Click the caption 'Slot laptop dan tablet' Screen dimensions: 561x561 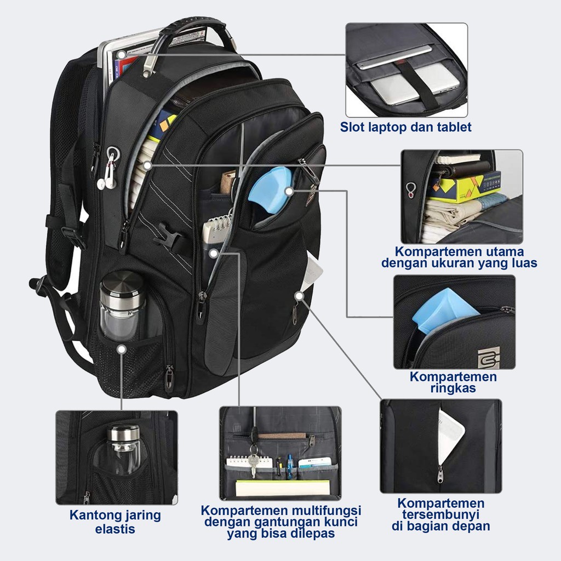[x=405, y=128]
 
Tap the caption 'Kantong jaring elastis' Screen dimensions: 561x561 [x=115, y=522]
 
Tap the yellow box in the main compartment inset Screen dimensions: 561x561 [x=465, y=185]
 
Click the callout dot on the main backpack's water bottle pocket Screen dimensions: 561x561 [x=121, y=348]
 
